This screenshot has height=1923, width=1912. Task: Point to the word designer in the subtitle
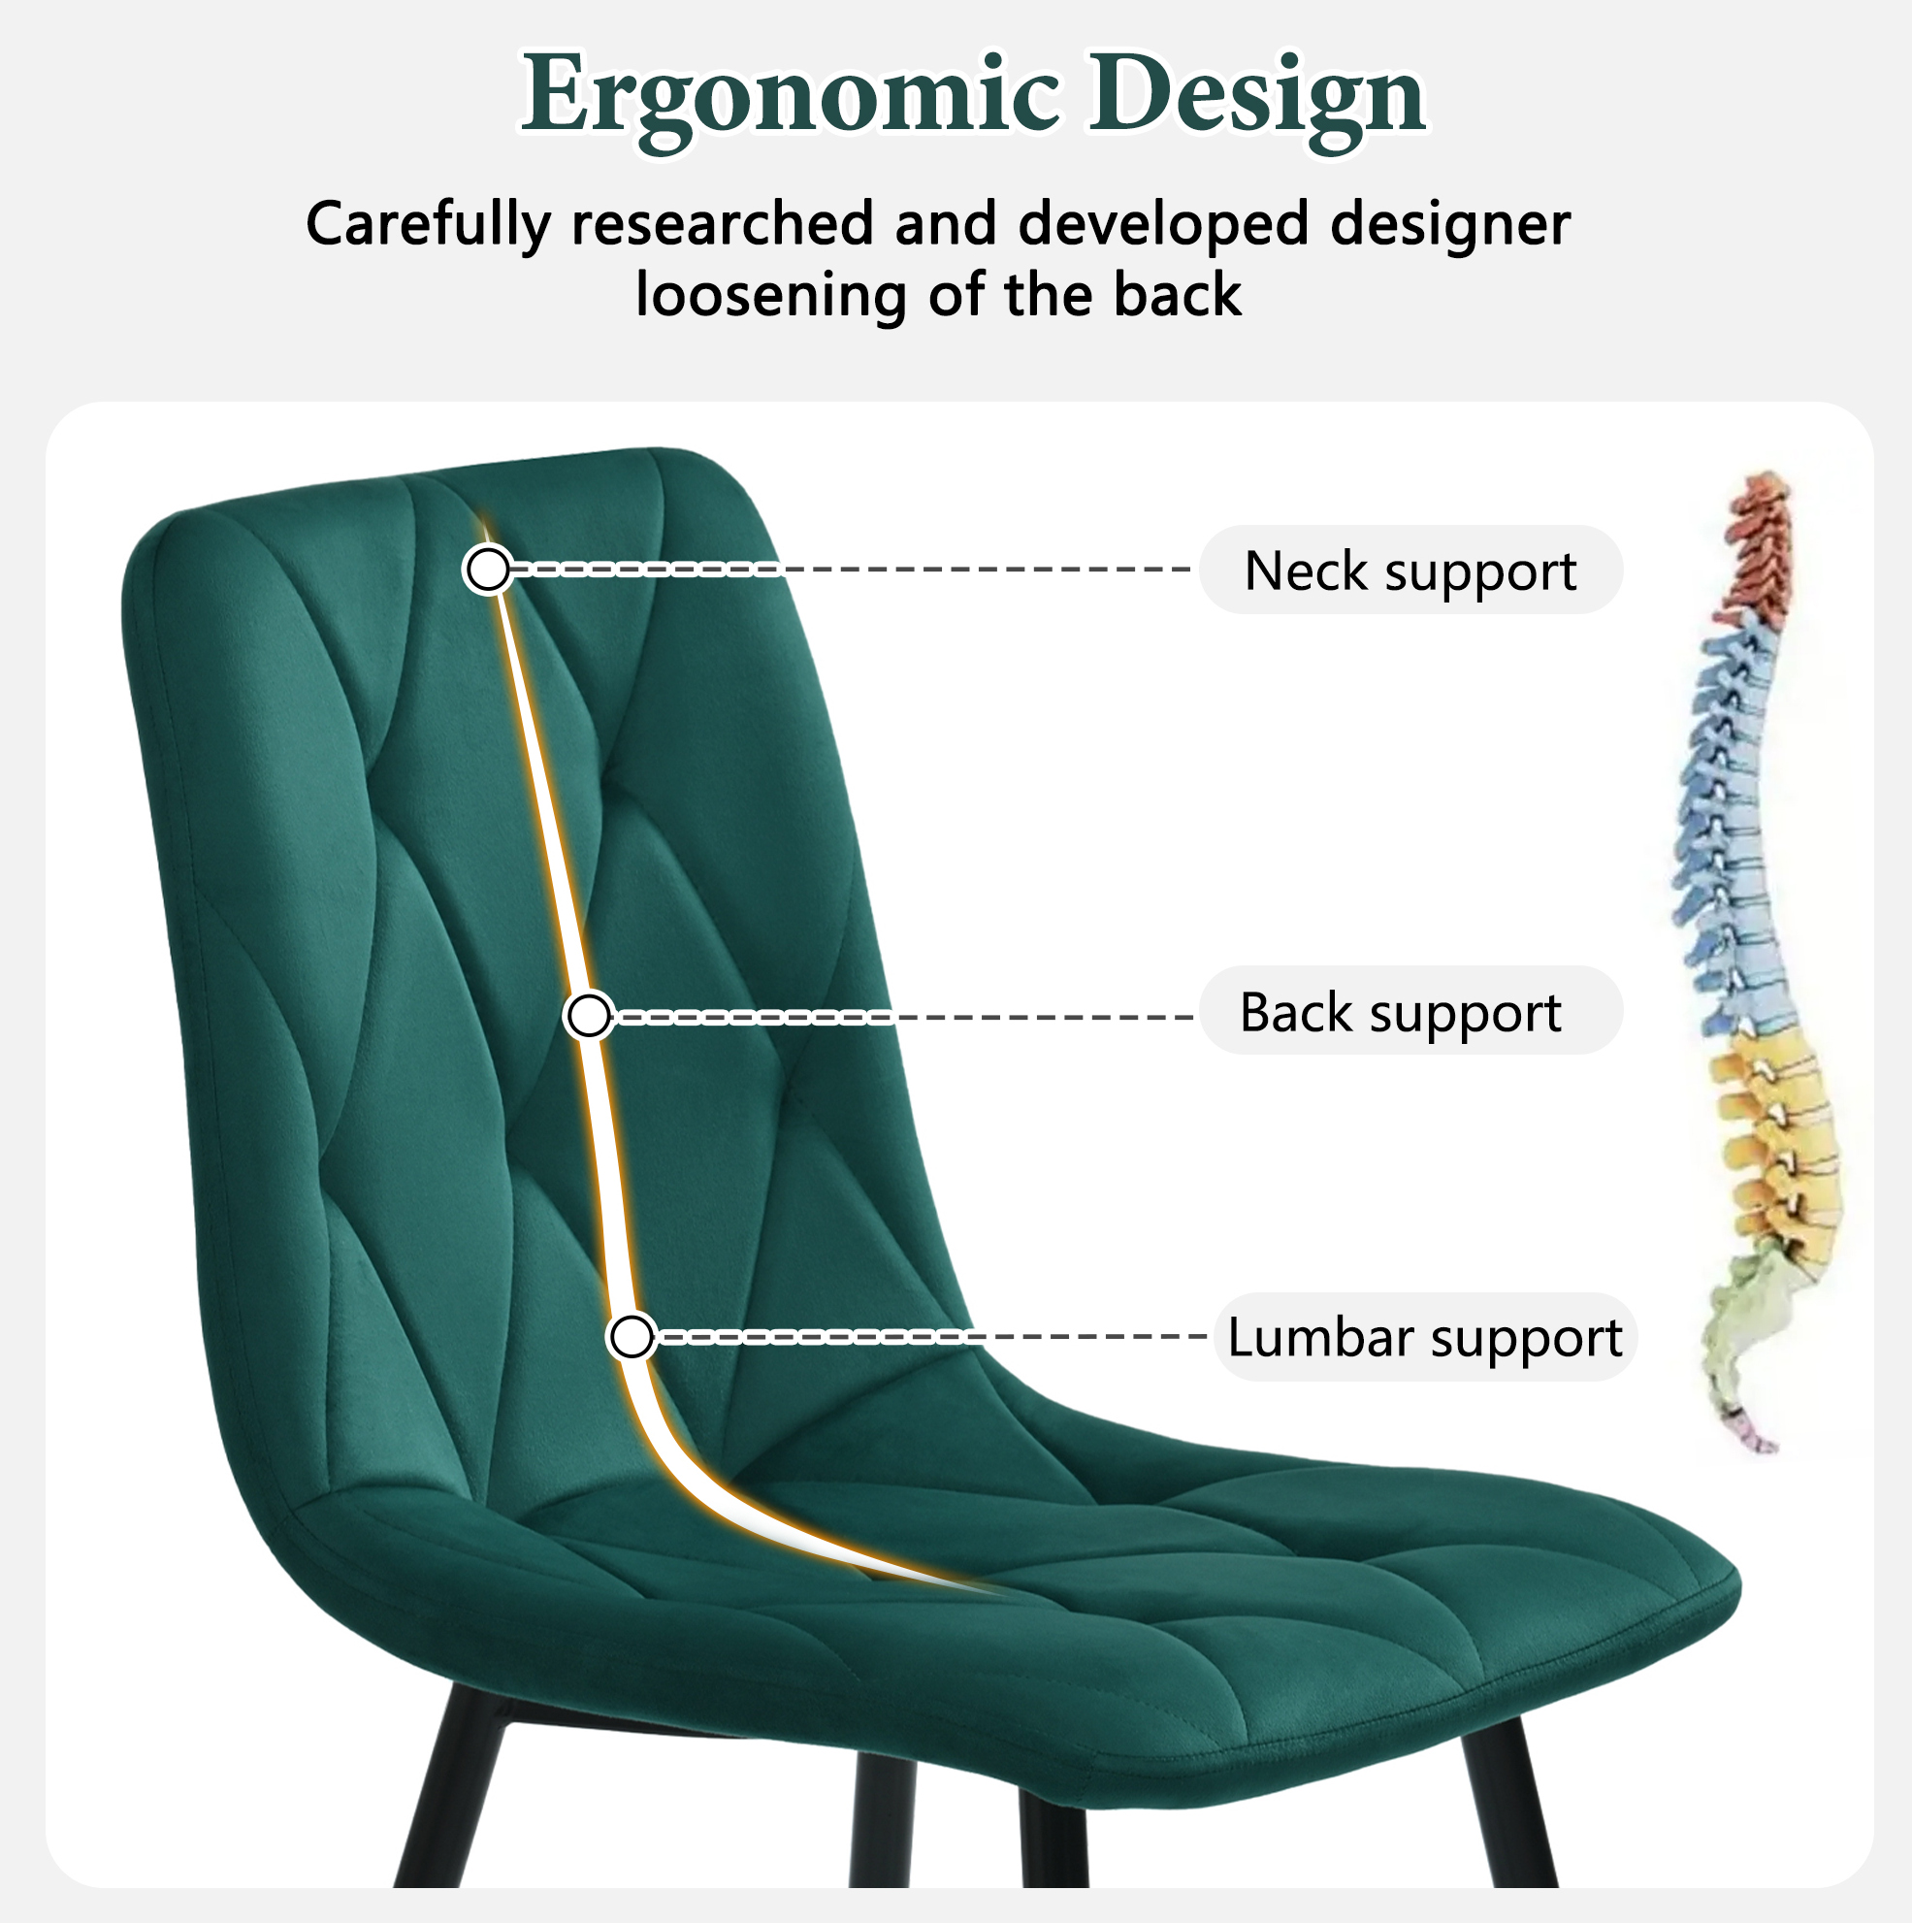pos(1450,223)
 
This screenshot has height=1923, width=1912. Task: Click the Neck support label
pos(1410,570)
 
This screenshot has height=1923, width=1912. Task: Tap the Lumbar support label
pos(1424,1337)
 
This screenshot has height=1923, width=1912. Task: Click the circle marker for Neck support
pos(488,570)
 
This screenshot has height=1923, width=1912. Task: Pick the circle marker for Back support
pos(588,1016)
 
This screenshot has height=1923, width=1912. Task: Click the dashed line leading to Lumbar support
pos(930,1337)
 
